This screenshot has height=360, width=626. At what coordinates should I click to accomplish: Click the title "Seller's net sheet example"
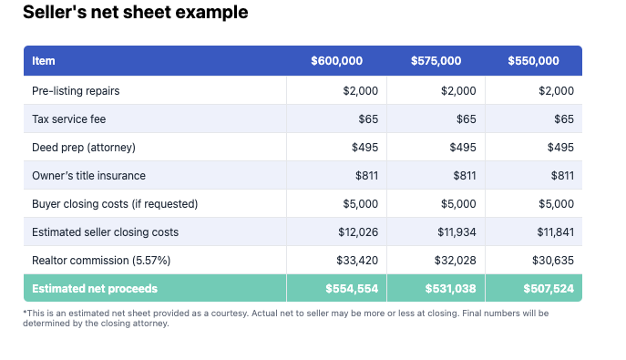point(135,13)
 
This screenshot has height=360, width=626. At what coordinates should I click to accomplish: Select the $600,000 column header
point(336,61)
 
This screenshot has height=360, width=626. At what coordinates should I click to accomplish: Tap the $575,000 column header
point(435,61)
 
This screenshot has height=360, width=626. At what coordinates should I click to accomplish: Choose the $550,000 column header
point(533,61)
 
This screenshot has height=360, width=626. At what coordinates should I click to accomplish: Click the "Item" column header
point(44,61)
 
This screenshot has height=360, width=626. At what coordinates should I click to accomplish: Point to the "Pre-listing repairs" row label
point(76,90)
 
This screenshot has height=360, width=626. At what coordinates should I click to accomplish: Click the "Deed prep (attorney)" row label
point(83,147)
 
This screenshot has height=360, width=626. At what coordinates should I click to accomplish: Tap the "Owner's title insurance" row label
point(88,175)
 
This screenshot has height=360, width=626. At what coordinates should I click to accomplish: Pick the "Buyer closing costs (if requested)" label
point(115,203)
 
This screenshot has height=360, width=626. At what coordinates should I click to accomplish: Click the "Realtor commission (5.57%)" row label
point(101,260)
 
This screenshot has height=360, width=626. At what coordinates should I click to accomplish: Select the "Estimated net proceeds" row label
point(95,289)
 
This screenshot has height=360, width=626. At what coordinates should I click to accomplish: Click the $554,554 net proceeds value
point(352,289)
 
